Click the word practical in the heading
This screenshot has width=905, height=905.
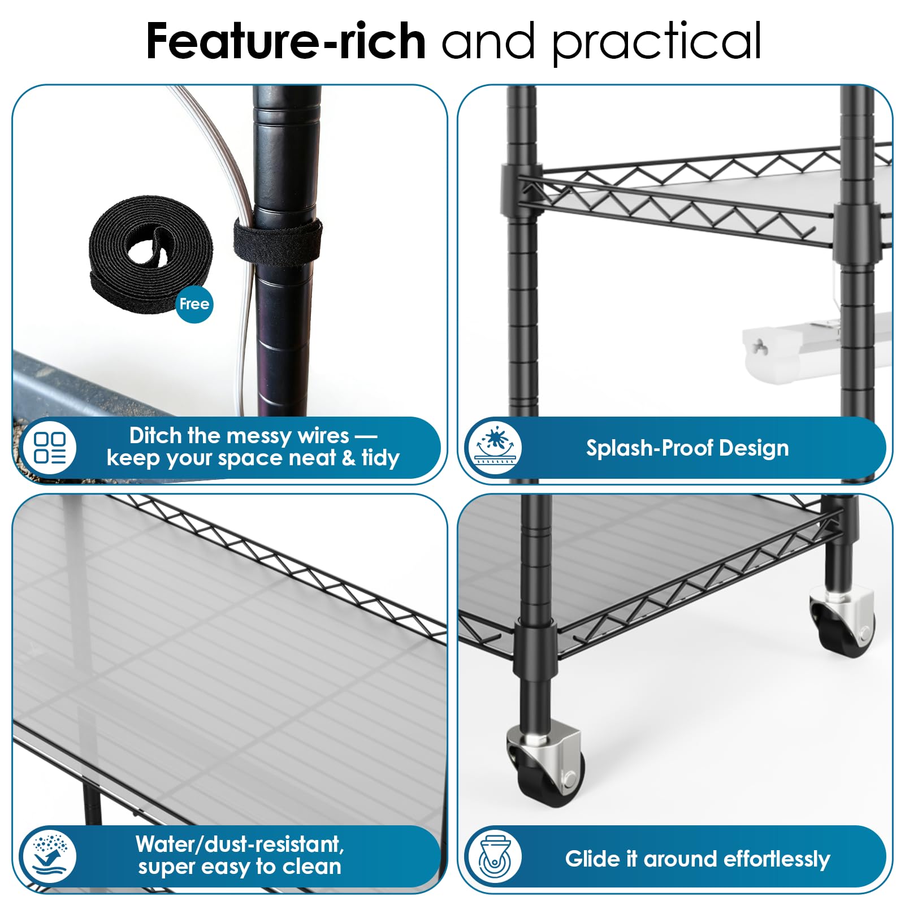tap(657, 43)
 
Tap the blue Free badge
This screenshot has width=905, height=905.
tap(194, 304)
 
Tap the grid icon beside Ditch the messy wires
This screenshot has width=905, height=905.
tap(50, 448)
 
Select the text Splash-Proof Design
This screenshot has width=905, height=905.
tap(687, 448)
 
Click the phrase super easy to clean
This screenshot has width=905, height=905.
tap(240, 867)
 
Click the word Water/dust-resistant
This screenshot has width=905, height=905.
tap(240, 844)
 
